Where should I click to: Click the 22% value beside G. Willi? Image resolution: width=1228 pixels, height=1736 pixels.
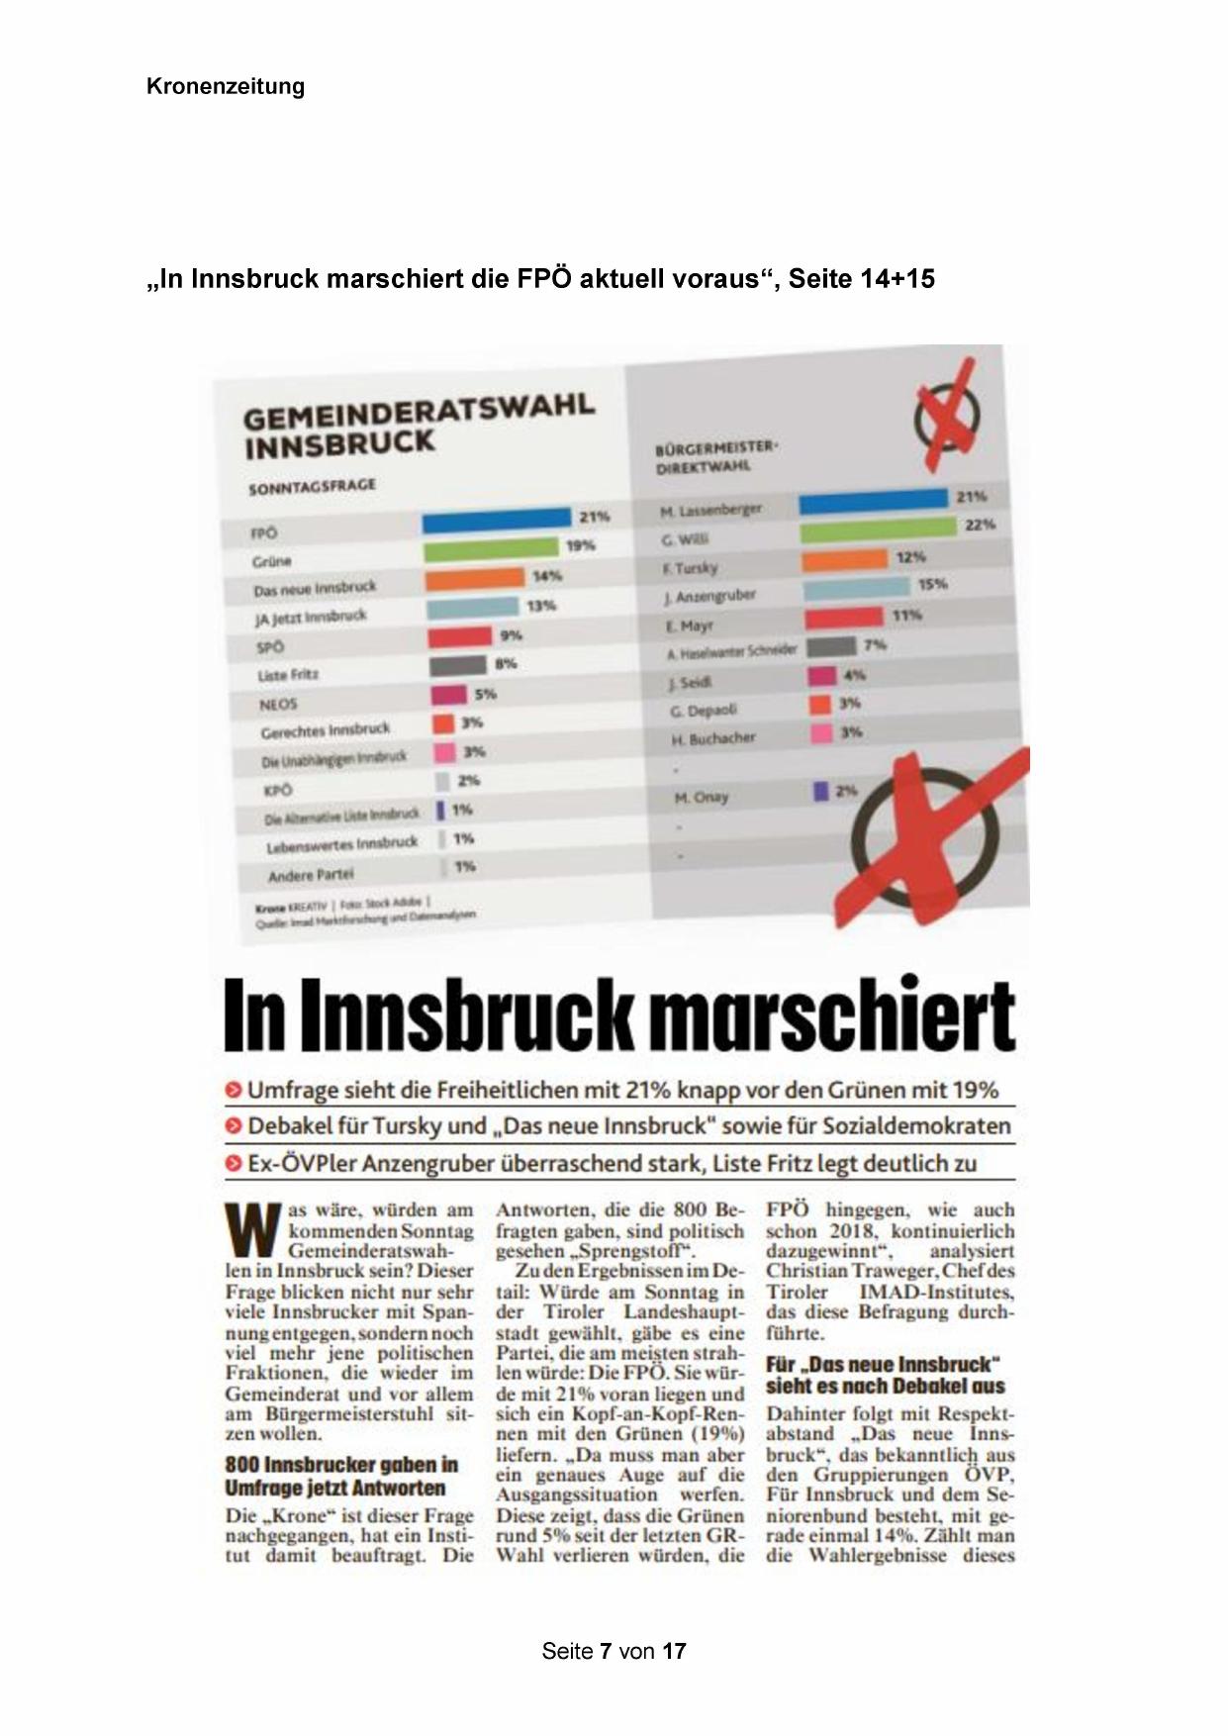[980, 525]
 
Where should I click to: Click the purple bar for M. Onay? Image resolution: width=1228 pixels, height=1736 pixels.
[820, 792]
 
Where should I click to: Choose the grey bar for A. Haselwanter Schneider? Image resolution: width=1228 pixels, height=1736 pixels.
[831, 647]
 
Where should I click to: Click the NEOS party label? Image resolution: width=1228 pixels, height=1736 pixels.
[278, 705]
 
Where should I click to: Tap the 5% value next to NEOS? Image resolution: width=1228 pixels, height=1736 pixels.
[485, 694]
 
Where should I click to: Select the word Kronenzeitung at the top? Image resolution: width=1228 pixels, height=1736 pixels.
[226, 86]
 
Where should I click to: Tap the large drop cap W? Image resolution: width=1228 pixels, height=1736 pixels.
[253, 1230]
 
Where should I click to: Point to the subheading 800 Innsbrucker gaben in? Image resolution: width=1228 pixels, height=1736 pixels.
[341, 1465]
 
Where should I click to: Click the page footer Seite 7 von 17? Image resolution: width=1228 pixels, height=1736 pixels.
[614, 1651]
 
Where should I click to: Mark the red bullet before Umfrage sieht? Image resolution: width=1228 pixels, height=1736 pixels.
[234, 1091]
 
